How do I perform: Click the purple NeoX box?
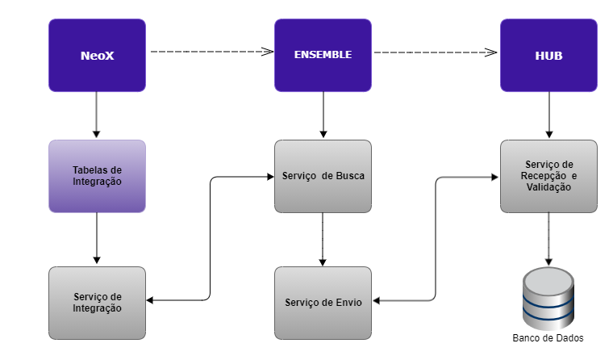97,56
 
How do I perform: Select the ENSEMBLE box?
323,56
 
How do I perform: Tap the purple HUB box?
548,56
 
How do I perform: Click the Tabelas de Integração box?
97,176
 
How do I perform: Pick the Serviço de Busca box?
323,176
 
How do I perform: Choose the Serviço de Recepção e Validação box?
548,176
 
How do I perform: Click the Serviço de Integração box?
97,303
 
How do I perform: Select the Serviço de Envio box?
323,303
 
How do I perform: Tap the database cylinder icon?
548,298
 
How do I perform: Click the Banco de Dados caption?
548,338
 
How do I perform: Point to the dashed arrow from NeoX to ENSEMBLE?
210,52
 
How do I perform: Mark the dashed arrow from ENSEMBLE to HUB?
436,52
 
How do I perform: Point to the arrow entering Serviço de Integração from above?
97,239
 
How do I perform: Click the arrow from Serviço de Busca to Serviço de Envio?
323,239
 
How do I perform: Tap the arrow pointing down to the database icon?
548,239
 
